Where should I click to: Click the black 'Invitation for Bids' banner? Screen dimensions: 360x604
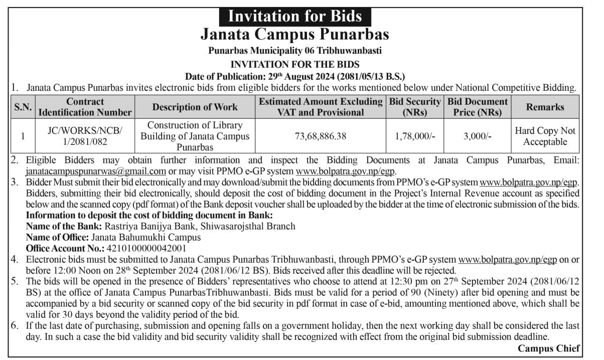[295, 16]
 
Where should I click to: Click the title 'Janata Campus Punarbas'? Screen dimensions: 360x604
[295, 34]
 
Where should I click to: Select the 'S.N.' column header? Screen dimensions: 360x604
[23, 107]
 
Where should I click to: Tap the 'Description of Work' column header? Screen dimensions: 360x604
[195, 107]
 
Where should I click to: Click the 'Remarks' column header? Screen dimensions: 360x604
[545, 107]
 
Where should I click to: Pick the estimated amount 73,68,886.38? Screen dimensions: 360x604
[321, 136]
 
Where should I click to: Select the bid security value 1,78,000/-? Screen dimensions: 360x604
[415, 136]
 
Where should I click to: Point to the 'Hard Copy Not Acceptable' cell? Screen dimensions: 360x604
[545, 136]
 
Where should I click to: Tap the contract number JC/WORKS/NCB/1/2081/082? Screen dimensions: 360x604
[85, 136]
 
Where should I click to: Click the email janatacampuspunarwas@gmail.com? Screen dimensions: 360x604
[96, 170]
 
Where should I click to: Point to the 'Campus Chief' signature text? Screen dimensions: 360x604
[549, 348]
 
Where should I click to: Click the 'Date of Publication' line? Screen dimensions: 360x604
[295, 76]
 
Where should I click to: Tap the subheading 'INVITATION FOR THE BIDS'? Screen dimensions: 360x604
[295, 64]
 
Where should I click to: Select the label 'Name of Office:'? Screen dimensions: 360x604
[57, 237]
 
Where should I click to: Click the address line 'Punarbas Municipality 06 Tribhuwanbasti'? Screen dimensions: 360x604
[295, 51]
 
